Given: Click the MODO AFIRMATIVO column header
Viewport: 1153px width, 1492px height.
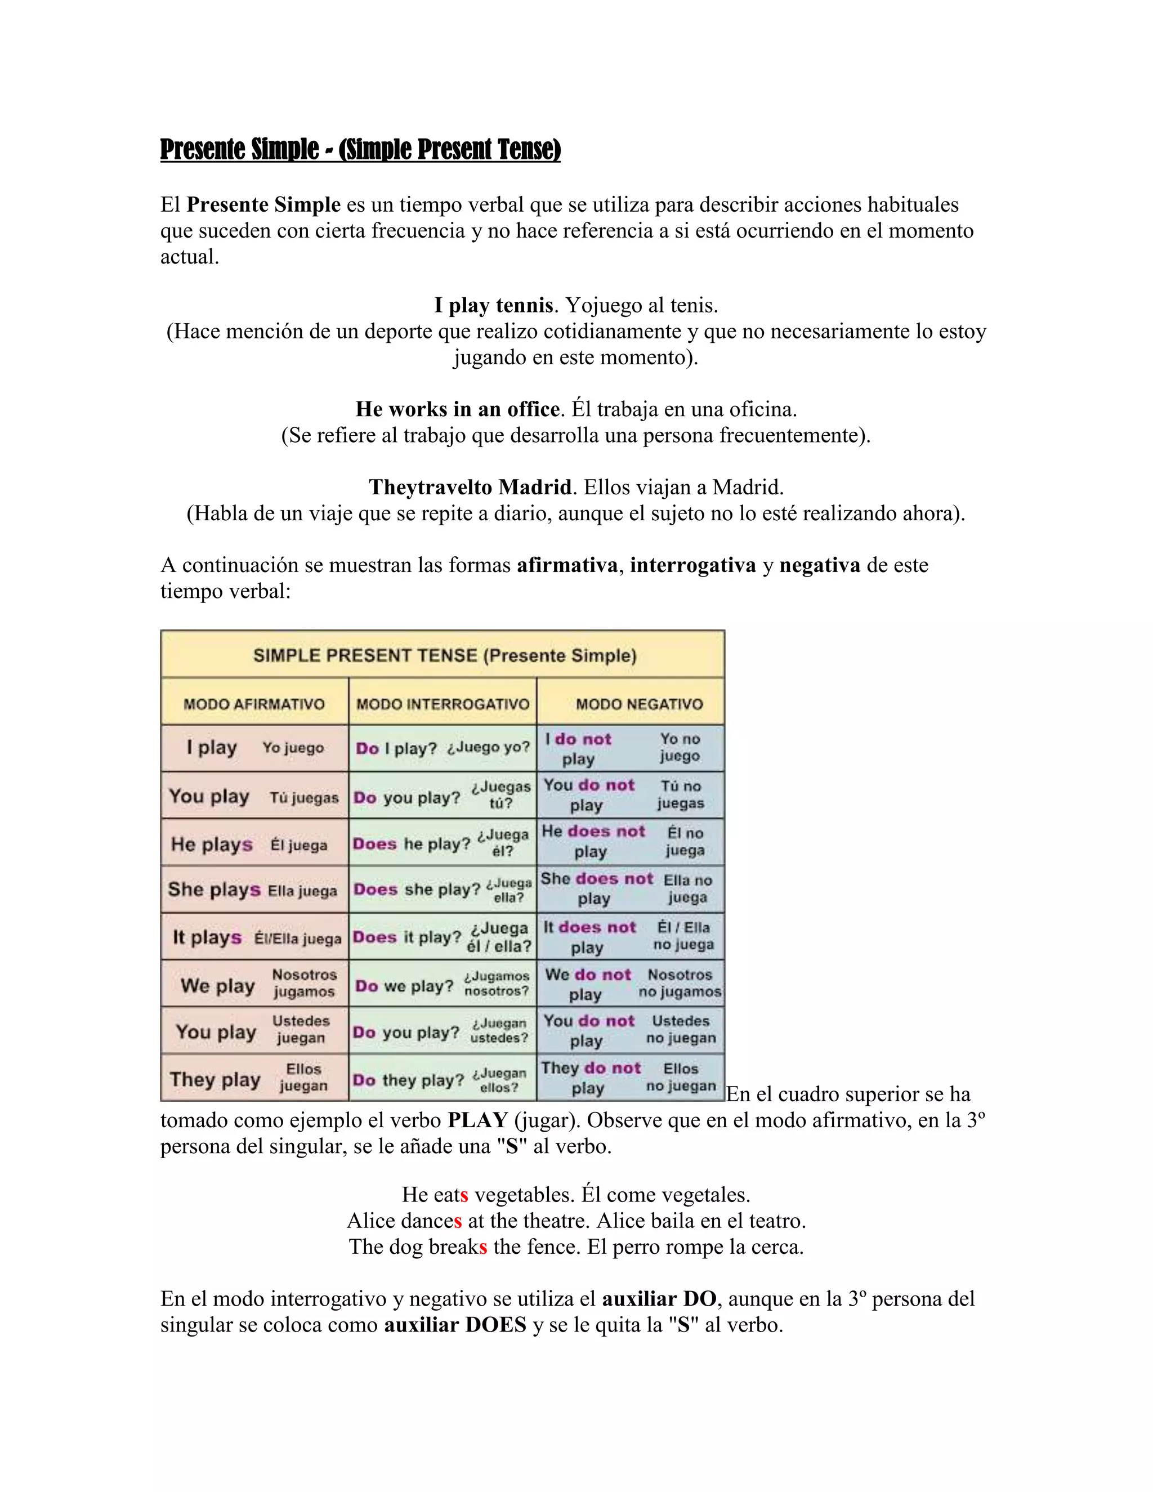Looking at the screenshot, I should pos(254,704).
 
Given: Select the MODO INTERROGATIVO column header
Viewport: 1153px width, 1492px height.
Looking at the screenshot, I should pos(443,704).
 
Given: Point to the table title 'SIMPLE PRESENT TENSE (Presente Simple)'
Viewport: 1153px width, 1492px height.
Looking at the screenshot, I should pos(445,656).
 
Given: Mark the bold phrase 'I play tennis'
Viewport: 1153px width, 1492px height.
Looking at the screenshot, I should pos(493,305).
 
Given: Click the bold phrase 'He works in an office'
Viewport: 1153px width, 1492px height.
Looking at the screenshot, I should pos(457,409).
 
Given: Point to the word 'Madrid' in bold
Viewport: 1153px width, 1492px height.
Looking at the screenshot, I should pos(534,487).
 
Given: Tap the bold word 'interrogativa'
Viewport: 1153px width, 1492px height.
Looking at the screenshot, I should pos(692,565).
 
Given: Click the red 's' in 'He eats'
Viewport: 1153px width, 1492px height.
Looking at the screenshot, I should pos(464,1195).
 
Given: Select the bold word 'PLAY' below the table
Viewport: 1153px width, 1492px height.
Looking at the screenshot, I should pos(477,1120).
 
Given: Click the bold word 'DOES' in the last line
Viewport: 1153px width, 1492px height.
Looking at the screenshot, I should pos(496,1325).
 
